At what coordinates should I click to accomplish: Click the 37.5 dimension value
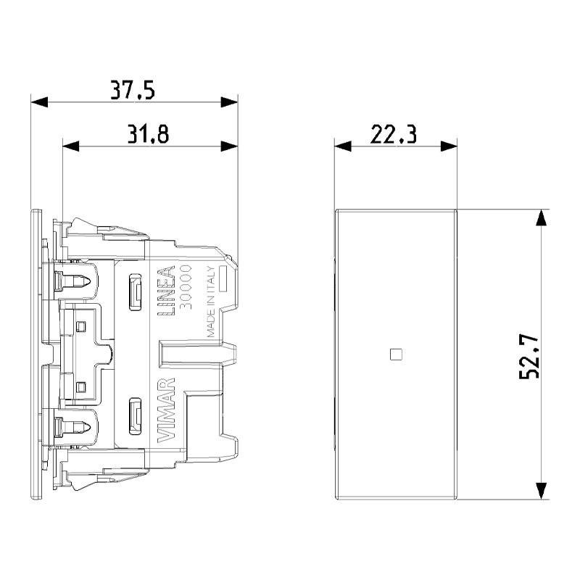[x=133, y=90]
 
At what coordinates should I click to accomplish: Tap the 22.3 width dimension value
[x=394, y=135]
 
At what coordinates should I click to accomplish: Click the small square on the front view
[x=395, y=355]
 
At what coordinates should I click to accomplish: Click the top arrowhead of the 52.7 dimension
[x=540, y=218]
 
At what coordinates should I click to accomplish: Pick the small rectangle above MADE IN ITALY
[x=224, y=278]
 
